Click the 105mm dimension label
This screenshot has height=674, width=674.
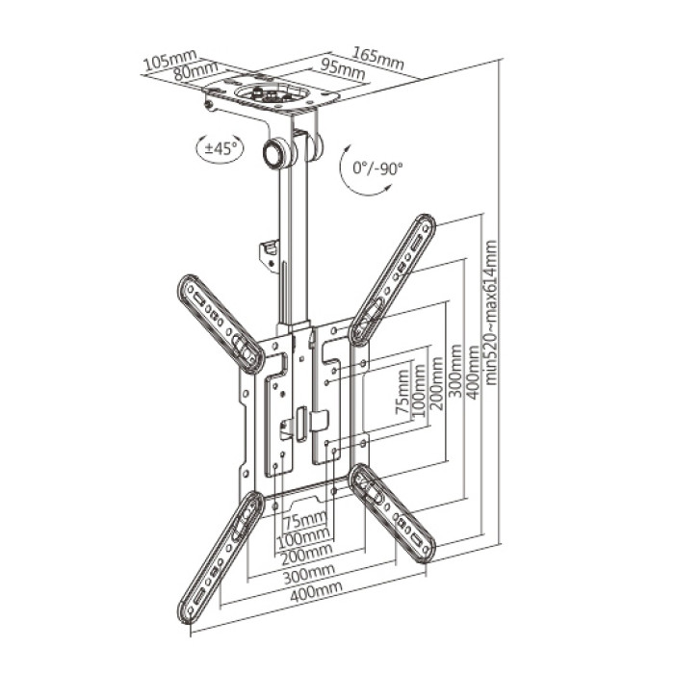click(170, 60)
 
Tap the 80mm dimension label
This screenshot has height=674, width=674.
click(195, 70)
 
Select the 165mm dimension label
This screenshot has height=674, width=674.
click(378, 58)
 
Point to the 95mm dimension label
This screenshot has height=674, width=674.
click(343, 68)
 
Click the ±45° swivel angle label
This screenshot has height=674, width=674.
click(220, 148)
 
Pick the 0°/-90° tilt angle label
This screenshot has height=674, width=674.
click(377, 168)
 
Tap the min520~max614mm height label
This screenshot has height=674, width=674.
click(490, 313)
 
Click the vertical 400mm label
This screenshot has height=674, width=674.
click(473, 373)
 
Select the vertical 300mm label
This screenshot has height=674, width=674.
click(455, 372)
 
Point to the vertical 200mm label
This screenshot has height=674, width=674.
click(437, 383)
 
